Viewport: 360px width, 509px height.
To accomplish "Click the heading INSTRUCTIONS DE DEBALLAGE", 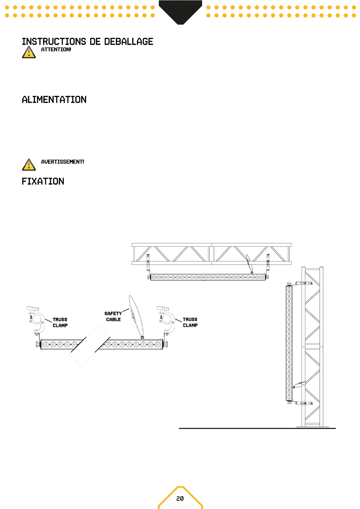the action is [x=87, y=41].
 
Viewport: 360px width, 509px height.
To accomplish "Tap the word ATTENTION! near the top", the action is [x=56, y=50].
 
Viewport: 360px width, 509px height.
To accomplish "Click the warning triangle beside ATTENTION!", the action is [x=29, y=52].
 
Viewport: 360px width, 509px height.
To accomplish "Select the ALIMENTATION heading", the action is [x=54, y=99].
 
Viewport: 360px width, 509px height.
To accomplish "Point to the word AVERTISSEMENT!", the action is [x=63, y=162].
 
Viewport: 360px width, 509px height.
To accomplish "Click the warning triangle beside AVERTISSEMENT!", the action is [x=29, y=165].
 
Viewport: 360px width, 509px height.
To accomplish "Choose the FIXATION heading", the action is [x=43, y=181].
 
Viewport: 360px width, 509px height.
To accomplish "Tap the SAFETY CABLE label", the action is [x=113, y=316].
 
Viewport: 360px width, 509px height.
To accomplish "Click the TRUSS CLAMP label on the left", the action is [x=60, y=323].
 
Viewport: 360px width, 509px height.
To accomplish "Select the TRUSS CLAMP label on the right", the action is [x=190, y=322].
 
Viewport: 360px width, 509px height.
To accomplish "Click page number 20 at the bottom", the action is [x=180, y=498].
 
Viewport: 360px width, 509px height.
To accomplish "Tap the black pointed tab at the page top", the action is [x=180, y=11].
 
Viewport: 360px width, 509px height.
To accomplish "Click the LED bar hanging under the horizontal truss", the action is [x=208, y=277].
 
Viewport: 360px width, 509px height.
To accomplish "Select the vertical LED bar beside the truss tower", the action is [x=289, y=343].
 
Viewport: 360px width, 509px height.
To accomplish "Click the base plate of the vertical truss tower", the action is [x=313, y=426].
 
